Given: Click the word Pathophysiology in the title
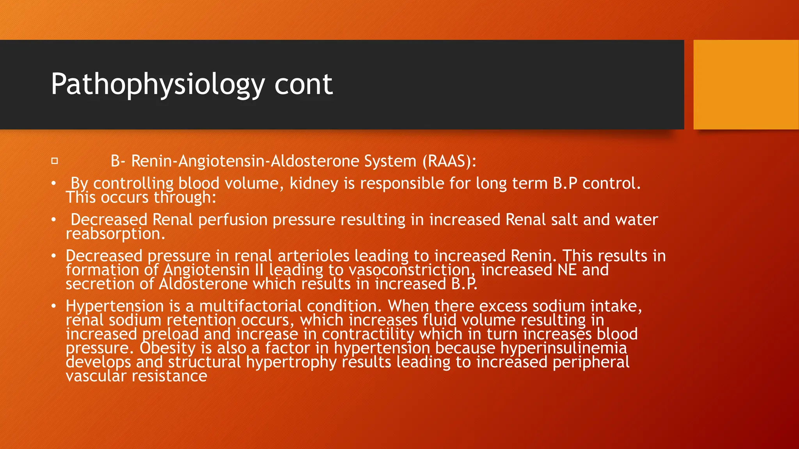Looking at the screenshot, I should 158,84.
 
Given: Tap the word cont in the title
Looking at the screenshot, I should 303,84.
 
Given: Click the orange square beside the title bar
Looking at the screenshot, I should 746,84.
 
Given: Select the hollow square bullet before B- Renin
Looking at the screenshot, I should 55,161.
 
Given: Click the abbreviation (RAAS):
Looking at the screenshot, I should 449,161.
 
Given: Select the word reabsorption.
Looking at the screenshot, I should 115,234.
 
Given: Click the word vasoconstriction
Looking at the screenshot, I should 409,270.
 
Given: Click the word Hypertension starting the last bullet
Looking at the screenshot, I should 114,306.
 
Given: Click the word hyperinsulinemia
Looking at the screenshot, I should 563,348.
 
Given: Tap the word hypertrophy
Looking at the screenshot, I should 291,362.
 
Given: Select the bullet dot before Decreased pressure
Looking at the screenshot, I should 54,256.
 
